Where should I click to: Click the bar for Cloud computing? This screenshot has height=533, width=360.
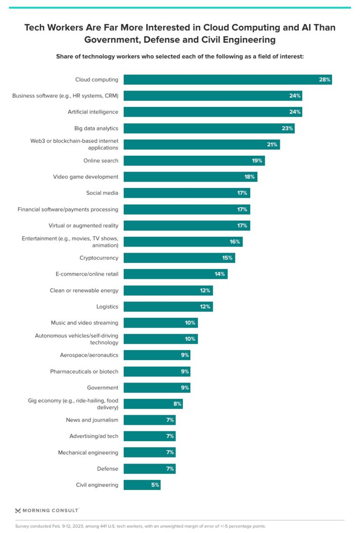point(227,80)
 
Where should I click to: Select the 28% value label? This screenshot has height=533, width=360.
point(325,80)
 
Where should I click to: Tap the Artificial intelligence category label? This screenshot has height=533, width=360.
point(93,112)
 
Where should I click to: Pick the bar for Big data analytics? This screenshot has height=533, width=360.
point(209,128)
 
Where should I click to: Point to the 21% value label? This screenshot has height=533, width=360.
point(272,144)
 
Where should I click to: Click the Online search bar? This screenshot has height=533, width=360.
point(194,161)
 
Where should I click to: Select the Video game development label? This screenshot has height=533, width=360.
point(85,177)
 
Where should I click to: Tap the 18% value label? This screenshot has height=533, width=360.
point(249,177)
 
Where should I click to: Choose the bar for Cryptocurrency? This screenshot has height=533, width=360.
point(179,258)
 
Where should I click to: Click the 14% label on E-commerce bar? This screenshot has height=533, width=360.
point(220,274)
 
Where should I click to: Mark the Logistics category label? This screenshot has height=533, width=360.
point(107,307)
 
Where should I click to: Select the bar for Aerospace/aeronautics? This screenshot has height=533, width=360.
point(157,355)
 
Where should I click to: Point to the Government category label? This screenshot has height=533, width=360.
point(102,388)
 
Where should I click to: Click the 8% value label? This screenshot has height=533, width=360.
point(176,404)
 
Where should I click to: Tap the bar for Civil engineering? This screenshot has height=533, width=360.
point(142,485)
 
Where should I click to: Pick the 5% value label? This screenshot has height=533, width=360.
point(155,485)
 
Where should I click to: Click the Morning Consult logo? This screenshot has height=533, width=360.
point(47,510)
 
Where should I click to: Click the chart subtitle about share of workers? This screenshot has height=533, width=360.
point(180,56)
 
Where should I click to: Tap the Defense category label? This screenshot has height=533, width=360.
point(107,469)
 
